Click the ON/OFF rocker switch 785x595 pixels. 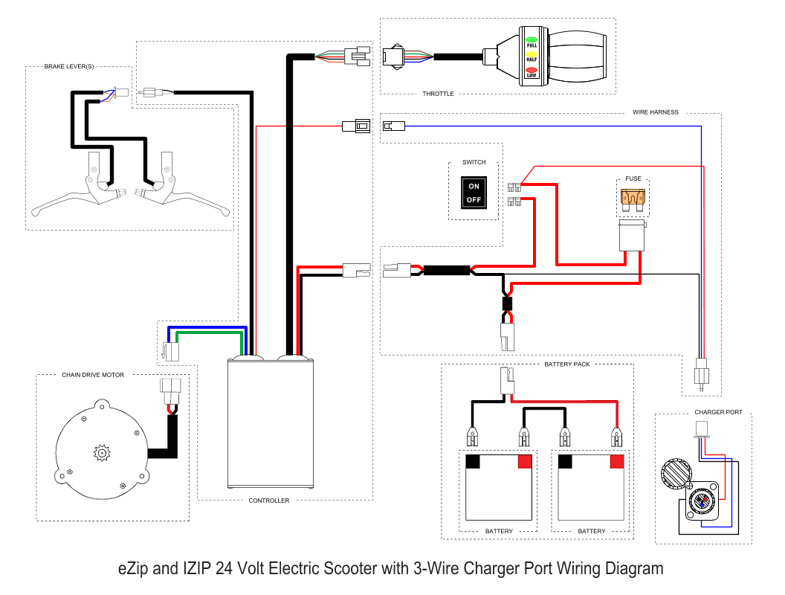point(474,193)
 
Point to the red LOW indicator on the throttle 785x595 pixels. point(532,72)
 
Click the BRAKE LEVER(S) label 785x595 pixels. point(69,67)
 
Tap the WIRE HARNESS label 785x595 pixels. point(655,112)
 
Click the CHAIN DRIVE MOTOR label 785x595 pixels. point(93,375)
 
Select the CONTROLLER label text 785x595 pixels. point(269,501)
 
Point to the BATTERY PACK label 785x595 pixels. point(567,364)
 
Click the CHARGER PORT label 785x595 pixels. point(718,412)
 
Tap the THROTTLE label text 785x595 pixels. point(438,94)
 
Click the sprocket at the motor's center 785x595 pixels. point(101,451)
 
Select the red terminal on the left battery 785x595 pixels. point(525,462)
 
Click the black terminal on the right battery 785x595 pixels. point(565,462)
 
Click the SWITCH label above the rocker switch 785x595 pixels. point(474,162)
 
